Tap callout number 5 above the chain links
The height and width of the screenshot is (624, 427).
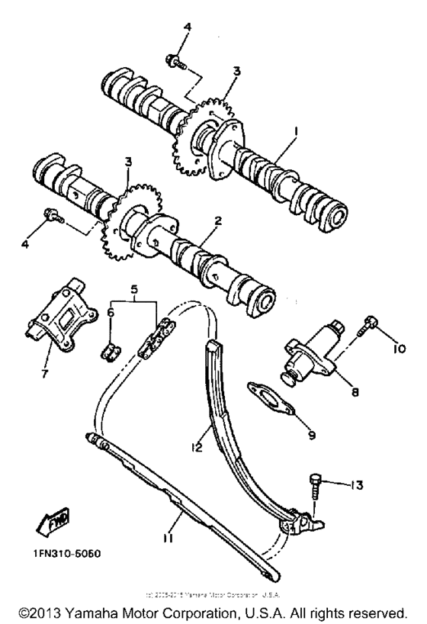134,290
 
